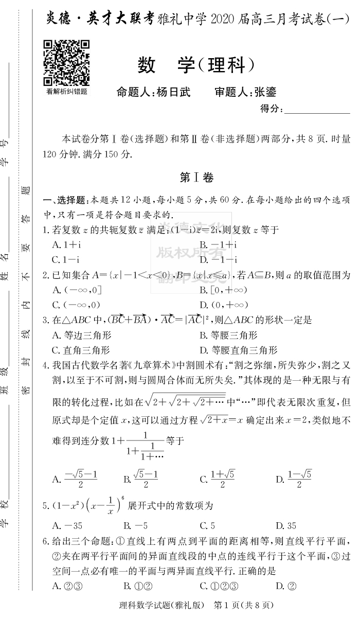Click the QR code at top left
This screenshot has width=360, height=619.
tap(66, 62)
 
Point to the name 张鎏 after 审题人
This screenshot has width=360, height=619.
tap(265, 92)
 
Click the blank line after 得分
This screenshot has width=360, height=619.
tap(317, 109)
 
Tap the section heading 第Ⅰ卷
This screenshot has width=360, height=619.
tap(196, 177)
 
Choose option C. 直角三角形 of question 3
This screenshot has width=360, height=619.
tap(81, 350)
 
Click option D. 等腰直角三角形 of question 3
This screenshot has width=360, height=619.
tap(238, 350)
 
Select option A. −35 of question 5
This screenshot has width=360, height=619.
tap(67, 525)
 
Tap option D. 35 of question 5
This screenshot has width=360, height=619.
tap(286, 525)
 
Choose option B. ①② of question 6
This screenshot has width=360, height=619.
tap(137, 585)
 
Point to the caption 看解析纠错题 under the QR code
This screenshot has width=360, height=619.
tap(66, 91)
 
